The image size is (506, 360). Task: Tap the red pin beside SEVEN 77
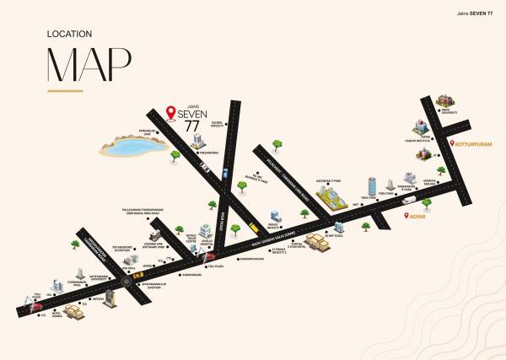tap(171, 111)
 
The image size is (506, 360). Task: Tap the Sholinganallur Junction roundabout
tap(126, 282)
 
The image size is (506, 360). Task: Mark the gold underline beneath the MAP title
tap(76, 89)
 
